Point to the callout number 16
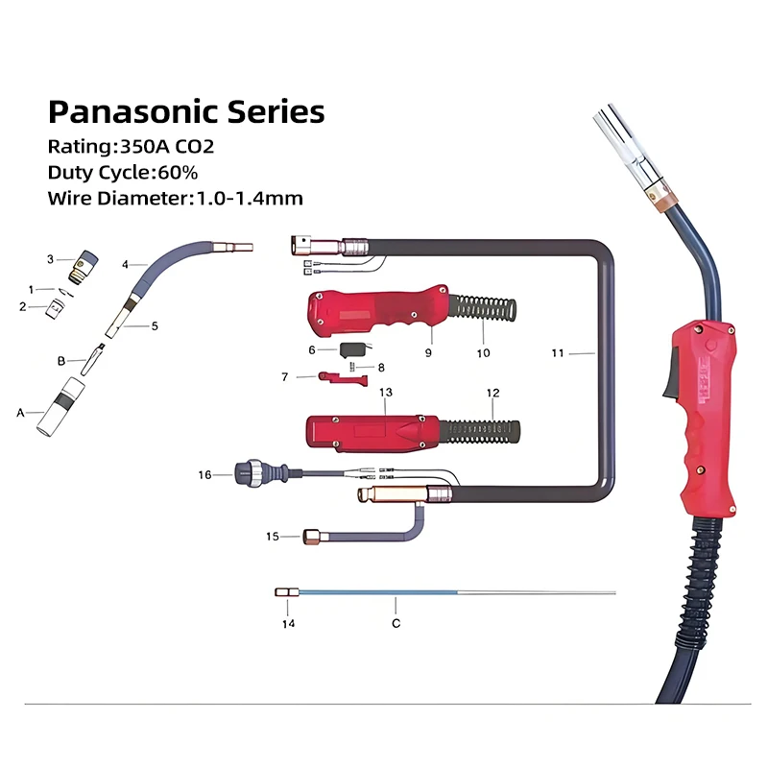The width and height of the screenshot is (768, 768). click(204, 474)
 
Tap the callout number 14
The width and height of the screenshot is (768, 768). click(288, 623)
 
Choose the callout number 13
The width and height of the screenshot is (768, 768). click(386, 393)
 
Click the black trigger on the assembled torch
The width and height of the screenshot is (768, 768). click(669, 375)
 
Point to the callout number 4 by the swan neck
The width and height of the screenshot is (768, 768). click(125, 263)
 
